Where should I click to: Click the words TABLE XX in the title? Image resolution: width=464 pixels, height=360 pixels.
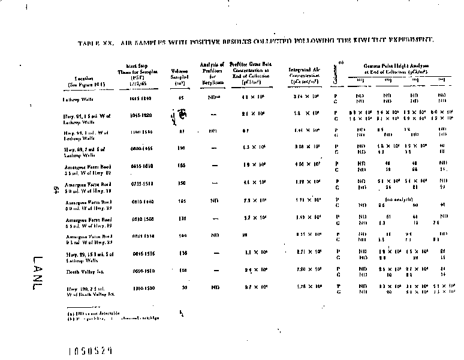click(x=93, y=44)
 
